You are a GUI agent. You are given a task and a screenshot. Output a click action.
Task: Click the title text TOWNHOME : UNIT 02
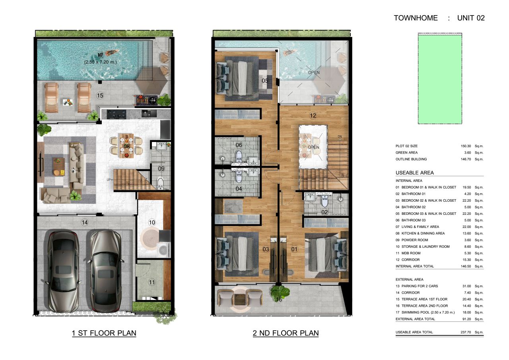coord(439,18)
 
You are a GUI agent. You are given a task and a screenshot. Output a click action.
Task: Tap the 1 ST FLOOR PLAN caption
coord(104,333)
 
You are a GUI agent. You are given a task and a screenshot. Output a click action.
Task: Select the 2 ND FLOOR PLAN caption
coord(286,333)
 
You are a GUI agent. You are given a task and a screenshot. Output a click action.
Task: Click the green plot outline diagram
coord(440,79)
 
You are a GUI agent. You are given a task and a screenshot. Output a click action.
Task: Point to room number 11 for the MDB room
coord(152,282)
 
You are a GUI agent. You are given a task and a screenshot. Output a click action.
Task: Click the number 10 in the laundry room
coord(152,222)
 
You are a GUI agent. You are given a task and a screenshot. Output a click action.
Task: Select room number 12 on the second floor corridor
coord(313,116)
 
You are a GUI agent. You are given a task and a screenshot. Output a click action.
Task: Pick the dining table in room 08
coord(126,146)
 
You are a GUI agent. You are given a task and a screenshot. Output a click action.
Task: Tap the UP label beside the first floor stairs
coord(108,180)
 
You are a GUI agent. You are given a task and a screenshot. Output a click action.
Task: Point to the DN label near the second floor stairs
coord(340,137)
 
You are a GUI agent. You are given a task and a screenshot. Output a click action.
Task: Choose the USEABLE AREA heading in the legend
coord(414,173)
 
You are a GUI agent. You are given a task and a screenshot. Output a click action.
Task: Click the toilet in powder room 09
coord(160,183)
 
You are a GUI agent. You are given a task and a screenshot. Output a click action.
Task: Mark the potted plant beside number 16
coord(277,292)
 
